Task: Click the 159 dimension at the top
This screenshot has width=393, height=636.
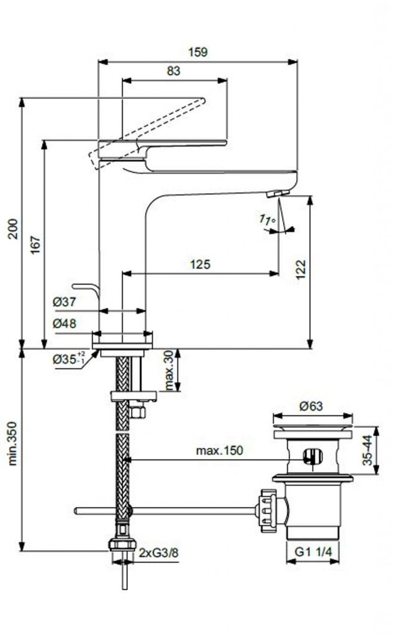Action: point(199,52)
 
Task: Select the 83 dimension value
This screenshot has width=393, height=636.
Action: point(173,71)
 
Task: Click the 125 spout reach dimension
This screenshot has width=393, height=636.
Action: point(200,264)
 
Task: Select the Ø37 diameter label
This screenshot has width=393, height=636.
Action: point(64,302)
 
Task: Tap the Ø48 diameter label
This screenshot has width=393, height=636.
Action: point(64,324)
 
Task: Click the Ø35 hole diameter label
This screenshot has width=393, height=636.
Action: point(69,359)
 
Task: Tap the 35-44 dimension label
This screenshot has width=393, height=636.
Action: point(369,450)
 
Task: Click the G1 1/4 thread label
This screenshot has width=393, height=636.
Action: point(313,550)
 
